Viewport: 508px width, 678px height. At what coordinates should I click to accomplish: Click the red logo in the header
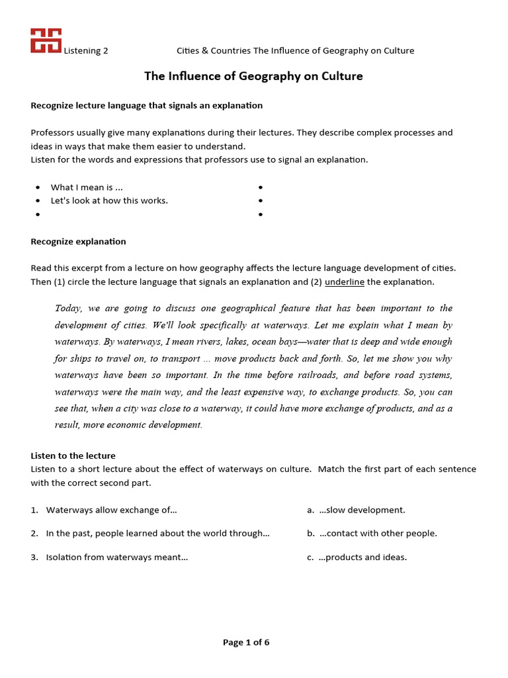point(46,40)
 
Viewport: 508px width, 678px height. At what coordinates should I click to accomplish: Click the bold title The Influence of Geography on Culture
point(253,76)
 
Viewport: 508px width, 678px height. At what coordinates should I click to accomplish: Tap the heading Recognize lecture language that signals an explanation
point(146,105)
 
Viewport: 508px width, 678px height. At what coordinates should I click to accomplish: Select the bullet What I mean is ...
point(87,187)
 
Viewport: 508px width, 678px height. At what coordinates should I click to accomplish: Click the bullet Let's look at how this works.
point(109,201)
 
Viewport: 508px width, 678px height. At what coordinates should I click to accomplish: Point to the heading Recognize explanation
point(78,242)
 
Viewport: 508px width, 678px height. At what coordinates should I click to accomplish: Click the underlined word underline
point(344,282)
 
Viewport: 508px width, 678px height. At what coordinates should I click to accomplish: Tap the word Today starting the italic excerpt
point(67,308)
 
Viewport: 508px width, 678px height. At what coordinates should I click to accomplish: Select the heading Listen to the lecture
point(73,456)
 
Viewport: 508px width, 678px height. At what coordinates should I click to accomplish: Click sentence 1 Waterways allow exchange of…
point(111,510)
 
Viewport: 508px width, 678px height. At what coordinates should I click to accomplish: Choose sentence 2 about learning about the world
point(157,534)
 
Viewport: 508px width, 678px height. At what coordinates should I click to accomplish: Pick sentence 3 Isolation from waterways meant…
point(116,557)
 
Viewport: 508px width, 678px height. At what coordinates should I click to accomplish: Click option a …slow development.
point(362,510)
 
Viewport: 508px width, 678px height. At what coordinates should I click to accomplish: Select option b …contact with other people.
point(378,534)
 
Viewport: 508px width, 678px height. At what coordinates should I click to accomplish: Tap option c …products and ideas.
point(362,557)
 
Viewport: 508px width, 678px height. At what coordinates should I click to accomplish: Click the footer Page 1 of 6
point(246,642)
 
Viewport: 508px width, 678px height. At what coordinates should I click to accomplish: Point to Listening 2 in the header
point(85,51)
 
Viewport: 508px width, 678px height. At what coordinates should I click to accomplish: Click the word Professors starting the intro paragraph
point(52,132)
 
